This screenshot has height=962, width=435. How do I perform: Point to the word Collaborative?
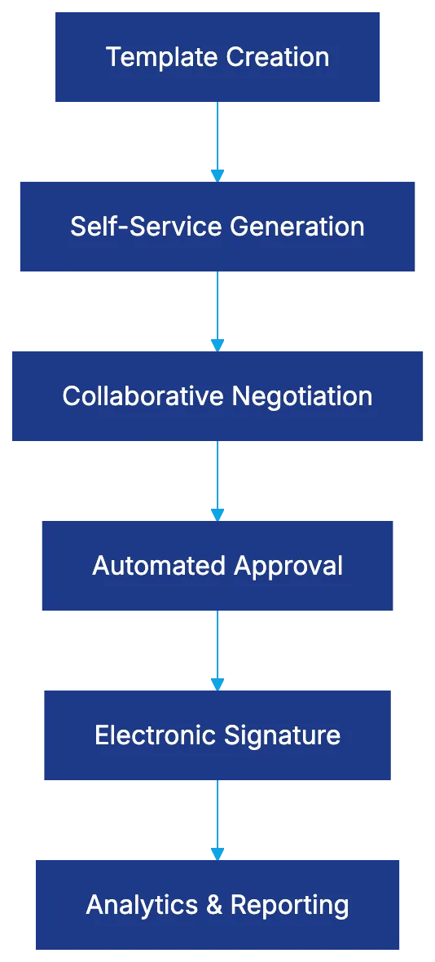pyautogui.click(x=143, y=396)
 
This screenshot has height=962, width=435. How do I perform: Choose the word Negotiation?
pyautogui.click(x=302, y=396)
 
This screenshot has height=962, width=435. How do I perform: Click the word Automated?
pyautogui.click(x=159, y=566)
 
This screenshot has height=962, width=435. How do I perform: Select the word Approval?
pyautogui.click(x=289, y=566)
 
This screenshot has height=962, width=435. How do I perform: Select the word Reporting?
pyautogui.click(x=289, y=905)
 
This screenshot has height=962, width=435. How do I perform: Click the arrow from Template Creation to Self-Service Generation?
pyautogui.click(x=217, y=139)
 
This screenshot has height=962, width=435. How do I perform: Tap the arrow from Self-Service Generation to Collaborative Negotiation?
pyautogui.click(x=217, y=308)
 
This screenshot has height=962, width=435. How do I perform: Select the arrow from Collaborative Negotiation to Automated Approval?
pyautogui.click(x=217, y=478)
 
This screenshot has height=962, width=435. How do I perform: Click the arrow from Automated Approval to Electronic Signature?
pyautogui.click(x=217, y=647)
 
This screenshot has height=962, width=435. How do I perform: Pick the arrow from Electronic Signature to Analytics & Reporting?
pyautogui.click(x=217, y=817)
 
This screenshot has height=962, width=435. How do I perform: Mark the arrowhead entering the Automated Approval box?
pyautogui.click(x=217, y=514)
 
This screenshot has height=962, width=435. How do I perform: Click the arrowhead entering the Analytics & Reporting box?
pyautogui.click(x=217, y=853)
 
